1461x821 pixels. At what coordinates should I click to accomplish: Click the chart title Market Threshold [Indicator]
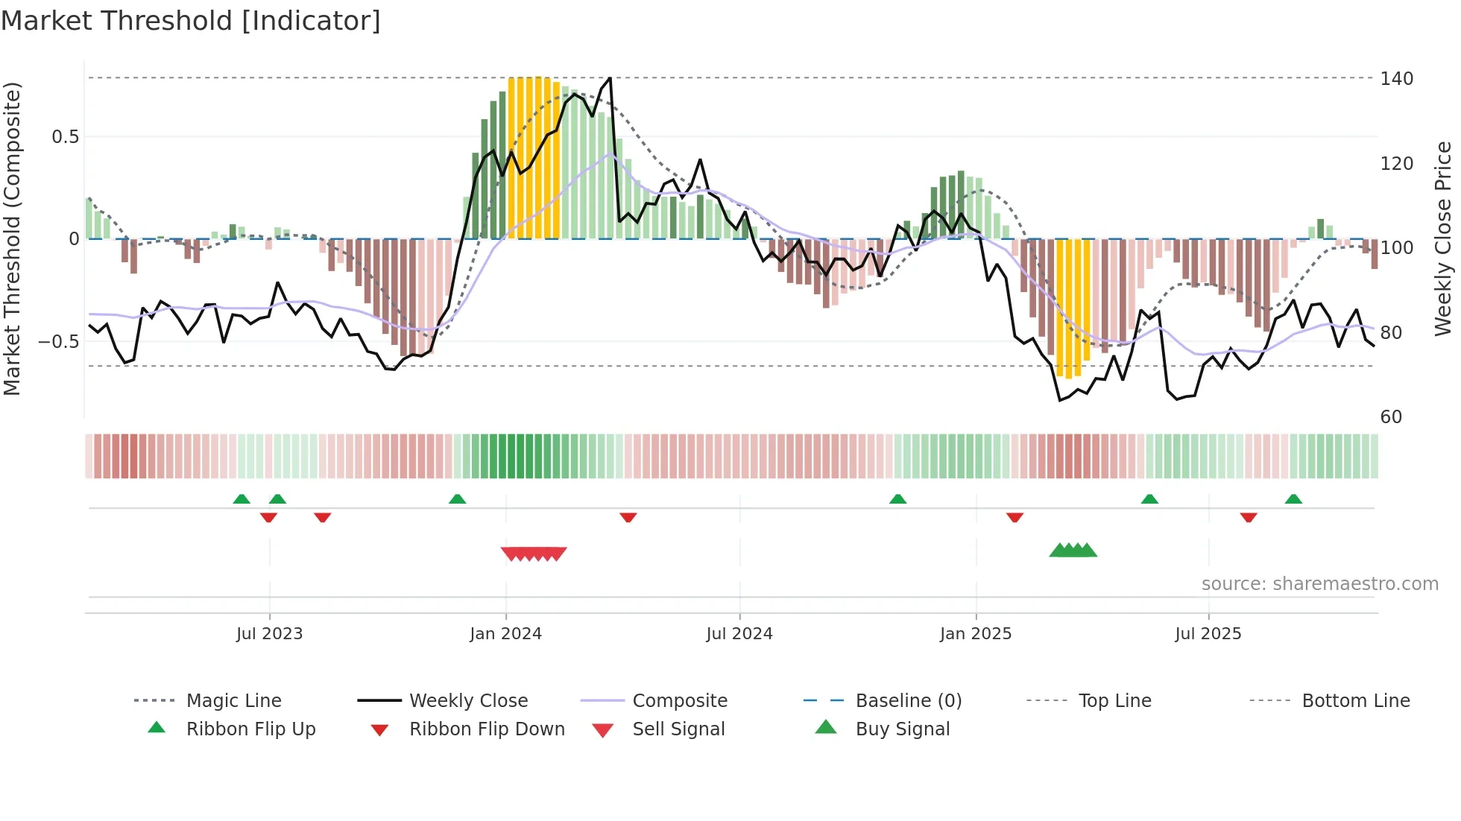point(191,21)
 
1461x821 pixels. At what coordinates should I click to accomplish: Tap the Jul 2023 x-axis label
point(269,634)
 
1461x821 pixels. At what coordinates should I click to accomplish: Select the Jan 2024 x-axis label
point(505,634)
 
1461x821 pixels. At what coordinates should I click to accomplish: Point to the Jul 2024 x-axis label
point(739,634)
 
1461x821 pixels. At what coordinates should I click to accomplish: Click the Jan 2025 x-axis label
point(975,634)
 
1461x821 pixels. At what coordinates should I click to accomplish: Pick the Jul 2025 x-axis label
point(1208,634)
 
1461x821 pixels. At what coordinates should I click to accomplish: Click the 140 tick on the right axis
point(1396,79)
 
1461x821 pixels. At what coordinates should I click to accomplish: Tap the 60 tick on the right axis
point(1391,417)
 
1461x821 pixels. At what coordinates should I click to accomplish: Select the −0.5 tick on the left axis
point(59,342)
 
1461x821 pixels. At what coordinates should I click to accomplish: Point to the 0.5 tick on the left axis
point(65,137)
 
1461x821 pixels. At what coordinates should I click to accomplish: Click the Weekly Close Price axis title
point(1443,238)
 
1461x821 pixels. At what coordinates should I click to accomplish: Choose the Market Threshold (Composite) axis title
point(12,238)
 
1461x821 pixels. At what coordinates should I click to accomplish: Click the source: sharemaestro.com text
point(1319,584)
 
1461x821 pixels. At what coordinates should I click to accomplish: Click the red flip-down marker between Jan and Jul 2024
point(628,517)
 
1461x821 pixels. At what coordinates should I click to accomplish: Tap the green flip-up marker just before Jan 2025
point(897,499)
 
